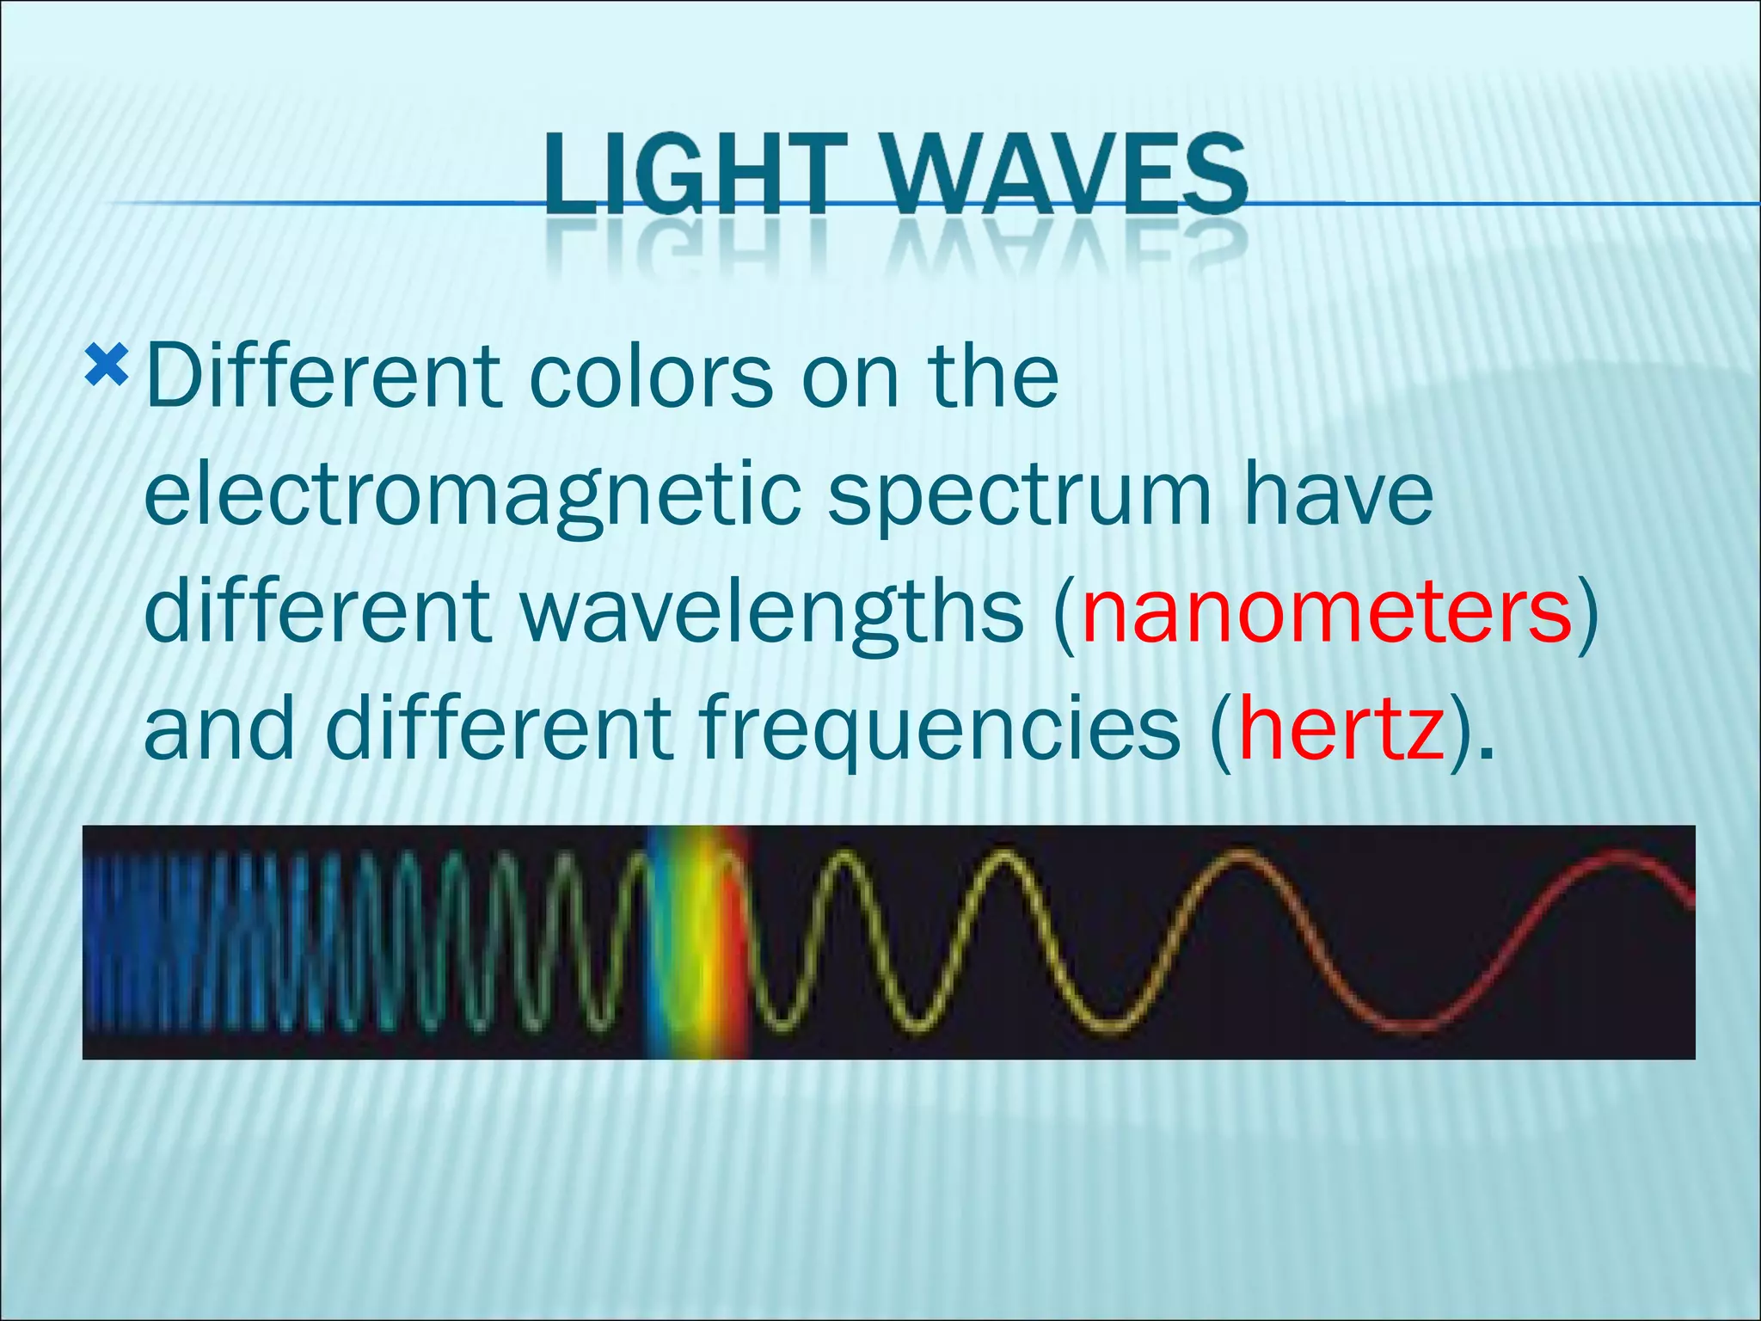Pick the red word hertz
(x=1341, y=730)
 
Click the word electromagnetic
(x=473, y=497)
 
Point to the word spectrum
(x=1020, y=497)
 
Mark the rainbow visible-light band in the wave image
(x=698, y=942)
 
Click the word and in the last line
(x=219, y=730)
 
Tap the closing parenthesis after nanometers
(x=1587, y=612)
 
